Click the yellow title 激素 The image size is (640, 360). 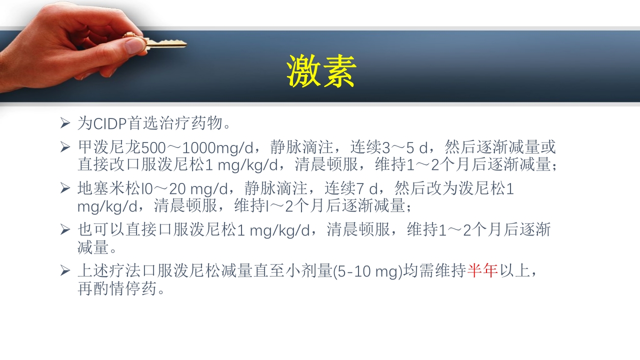pos(321,71)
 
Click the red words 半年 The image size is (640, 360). pos(482,271)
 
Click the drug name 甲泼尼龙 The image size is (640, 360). pos(109,147)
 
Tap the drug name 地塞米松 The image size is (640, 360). pos(109,189)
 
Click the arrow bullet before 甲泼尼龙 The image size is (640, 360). pos(65,146)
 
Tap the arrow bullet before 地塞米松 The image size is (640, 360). pos(65,188)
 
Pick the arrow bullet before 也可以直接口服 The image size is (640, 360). pos(65,229)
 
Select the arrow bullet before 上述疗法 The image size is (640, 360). pos(65,270)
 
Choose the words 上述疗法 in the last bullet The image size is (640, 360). pos(109,271)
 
